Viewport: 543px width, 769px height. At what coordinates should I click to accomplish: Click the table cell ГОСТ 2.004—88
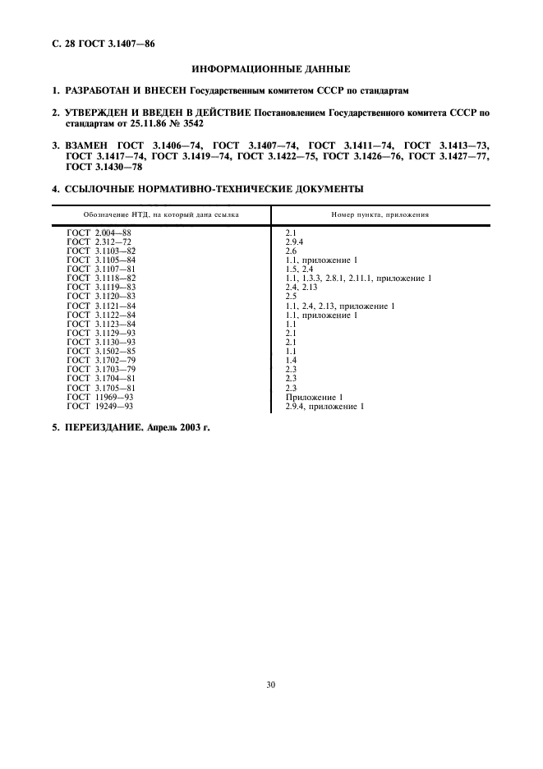pos(99,234)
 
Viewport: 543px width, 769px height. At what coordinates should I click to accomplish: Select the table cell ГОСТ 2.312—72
pos(99,242)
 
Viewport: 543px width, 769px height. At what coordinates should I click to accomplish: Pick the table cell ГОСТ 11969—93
pos(99,397)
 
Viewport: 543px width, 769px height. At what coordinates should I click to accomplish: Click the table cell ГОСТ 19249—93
pos(99,406)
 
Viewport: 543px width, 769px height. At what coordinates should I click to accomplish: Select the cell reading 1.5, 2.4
pos(299,269)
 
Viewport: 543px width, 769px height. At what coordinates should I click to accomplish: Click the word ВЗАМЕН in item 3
pos(92,144)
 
